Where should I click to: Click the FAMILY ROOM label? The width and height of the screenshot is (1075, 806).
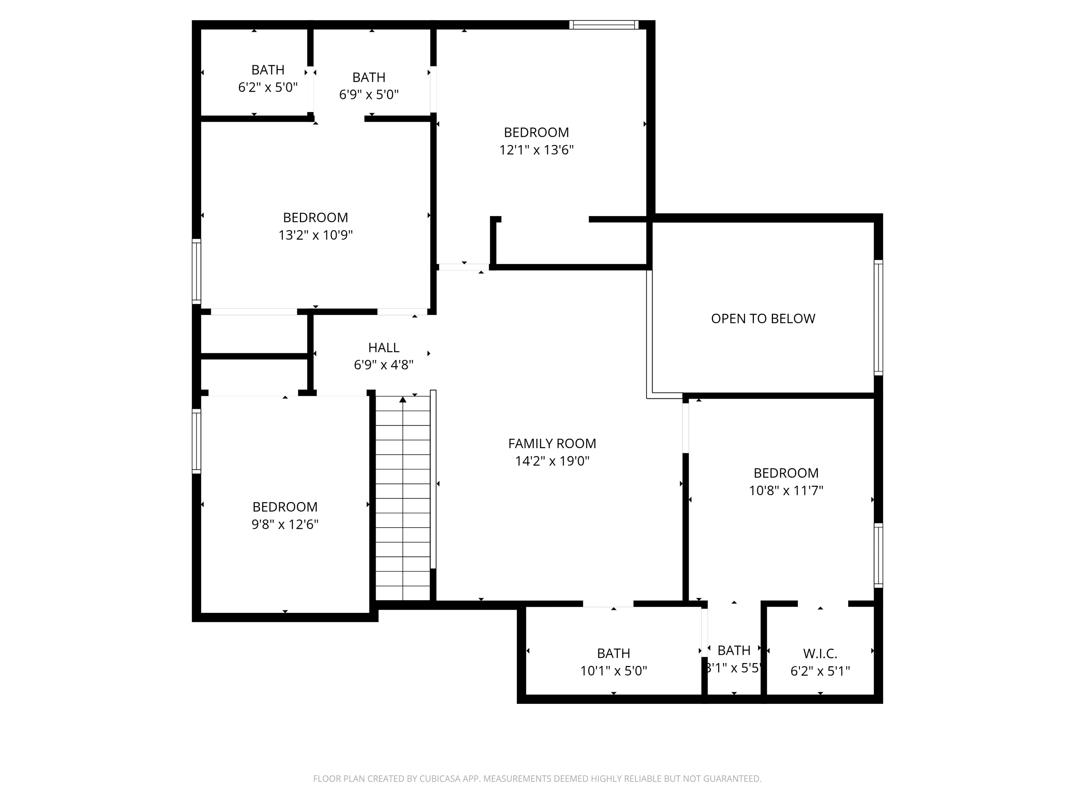coord(552,443)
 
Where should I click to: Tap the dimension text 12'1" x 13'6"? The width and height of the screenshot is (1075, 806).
coord(536,150)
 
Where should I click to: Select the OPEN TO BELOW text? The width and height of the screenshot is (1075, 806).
coord(763,319)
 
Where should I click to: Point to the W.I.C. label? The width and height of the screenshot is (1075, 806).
coord(820,653)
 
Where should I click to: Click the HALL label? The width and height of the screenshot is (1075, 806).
coord(383,347)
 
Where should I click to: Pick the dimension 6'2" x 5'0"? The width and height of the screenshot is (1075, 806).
coord(268,87)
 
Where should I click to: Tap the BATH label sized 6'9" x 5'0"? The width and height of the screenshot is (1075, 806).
coord(369,77)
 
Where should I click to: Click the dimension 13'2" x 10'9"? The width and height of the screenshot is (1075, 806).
coord(315,235)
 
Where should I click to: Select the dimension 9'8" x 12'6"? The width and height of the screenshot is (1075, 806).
coord(285,525)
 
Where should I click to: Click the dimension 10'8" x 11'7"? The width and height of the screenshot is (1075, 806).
coord(786,491)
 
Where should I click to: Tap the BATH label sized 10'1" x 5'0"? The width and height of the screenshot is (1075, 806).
coord(613,653)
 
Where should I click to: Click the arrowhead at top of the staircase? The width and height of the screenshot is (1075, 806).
coord(403,399)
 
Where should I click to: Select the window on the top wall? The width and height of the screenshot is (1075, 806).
coord(603,25)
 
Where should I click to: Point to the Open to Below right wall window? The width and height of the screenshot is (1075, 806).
coord(878,318)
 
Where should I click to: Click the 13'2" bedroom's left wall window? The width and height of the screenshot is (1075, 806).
coord(196,271)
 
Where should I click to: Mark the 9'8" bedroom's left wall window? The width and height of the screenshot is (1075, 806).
coord(196,441)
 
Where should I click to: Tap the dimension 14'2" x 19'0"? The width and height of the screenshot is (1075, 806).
coord(552,461)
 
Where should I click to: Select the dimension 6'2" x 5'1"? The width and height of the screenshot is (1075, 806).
coord(820,671)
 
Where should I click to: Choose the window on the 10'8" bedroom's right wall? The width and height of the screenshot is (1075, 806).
coord(878,555)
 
